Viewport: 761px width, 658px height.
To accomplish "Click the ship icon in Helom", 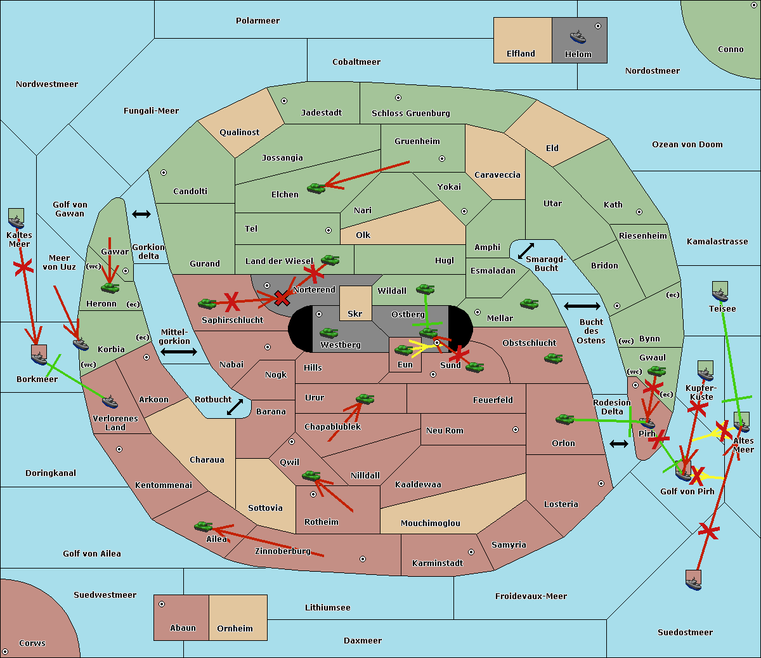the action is (578, 37).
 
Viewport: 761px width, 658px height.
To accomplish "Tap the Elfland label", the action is (521, 54).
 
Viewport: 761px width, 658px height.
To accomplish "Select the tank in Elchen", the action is (316, 188).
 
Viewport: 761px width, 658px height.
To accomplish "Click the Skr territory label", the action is (355, 313).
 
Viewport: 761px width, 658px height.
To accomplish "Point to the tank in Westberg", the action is (328, 333).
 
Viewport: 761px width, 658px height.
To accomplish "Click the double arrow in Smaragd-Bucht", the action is (526, 251).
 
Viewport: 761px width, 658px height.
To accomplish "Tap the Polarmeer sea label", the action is (257, 21).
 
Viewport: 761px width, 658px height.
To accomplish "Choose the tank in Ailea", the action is (203, 527).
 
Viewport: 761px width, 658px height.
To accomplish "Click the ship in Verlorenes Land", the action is (110, 402).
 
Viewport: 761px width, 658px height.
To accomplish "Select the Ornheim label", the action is (235, 628).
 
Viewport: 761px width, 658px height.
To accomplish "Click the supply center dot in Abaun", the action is (162, 604).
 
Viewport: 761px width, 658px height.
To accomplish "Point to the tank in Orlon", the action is (565, 419).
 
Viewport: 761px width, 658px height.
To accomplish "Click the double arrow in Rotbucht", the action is (235, 407).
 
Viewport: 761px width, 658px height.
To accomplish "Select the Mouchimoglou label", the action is (431, 523).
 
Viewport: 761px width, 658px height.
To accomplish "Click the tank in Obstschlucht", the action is (554, 358).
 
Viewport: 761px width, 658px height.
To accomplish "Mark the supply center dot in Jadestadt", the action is (284, 101).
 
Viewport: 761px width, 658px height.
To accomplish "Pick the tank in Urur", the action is (365, 399).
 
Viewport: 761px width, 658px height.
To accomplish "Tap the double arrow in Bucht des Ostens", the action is (582, 306).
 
